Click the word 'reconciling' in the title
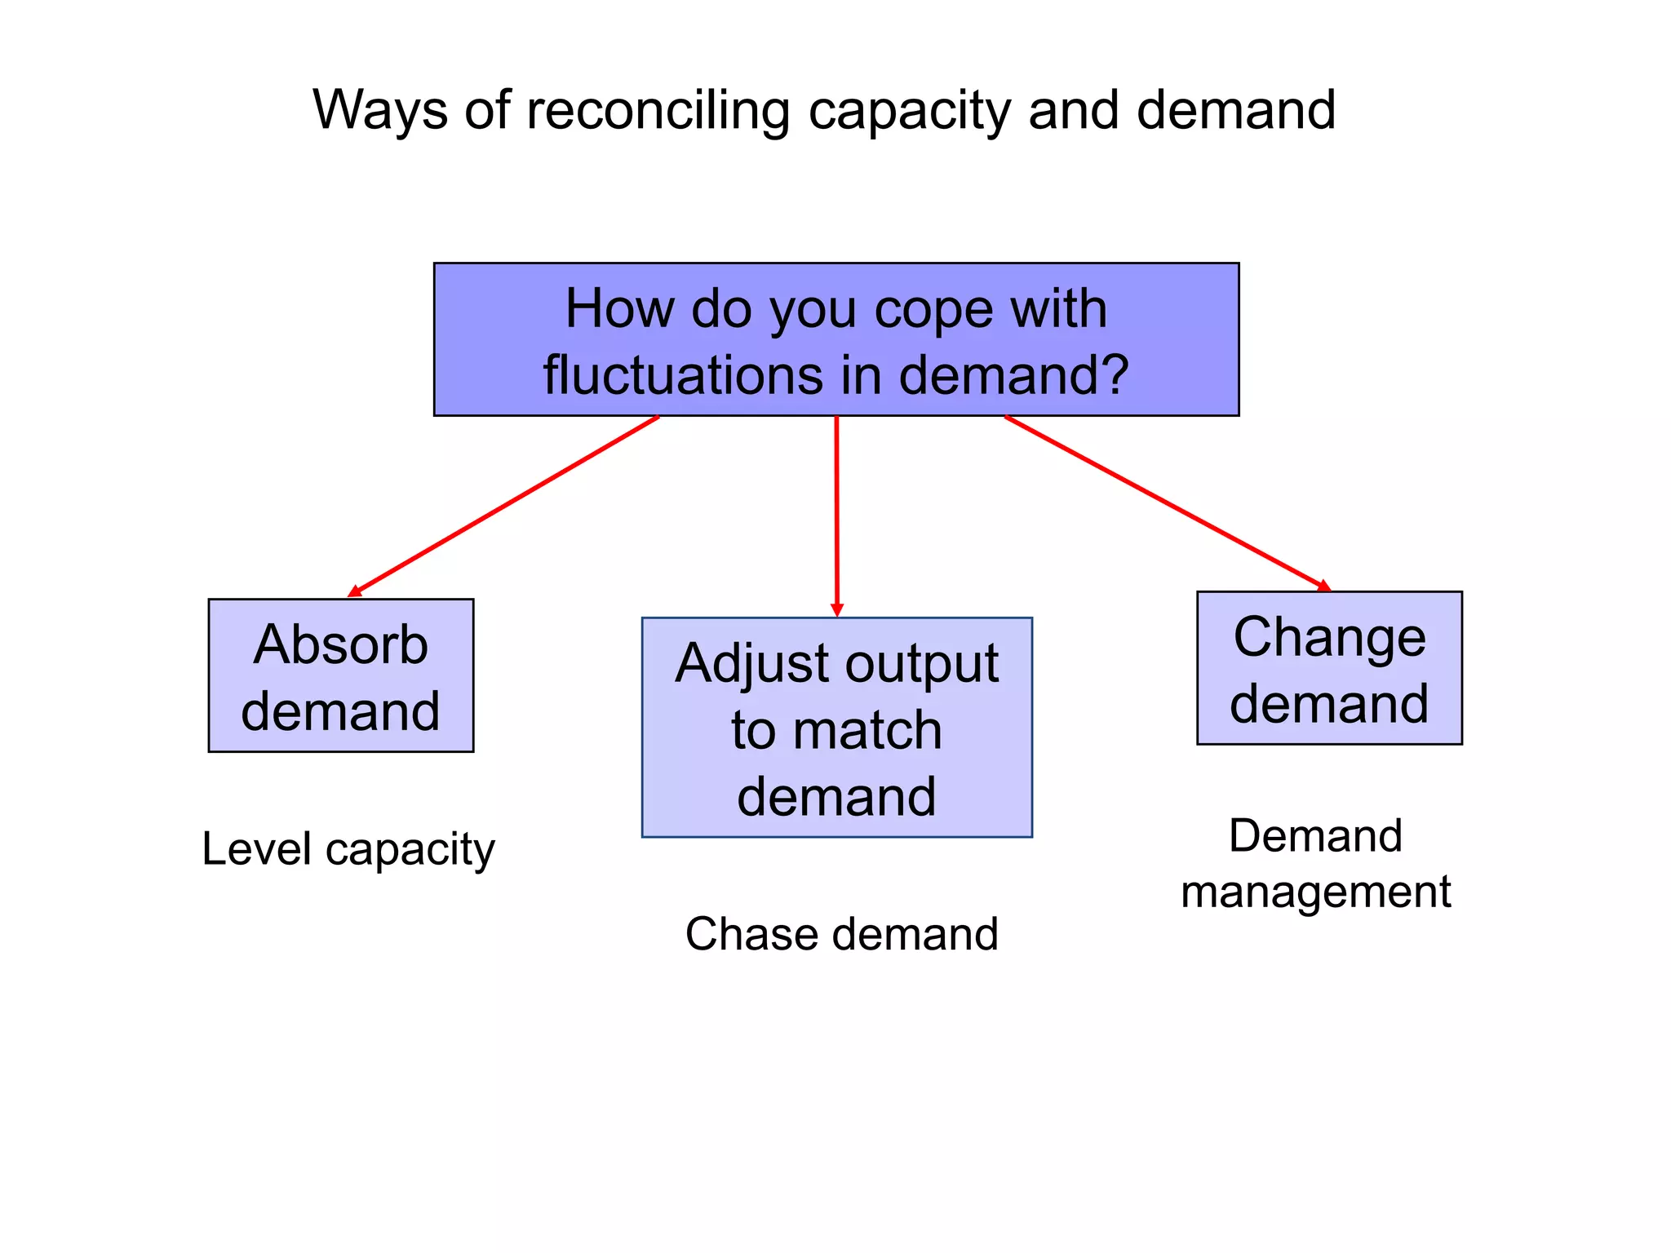tap(658, 110)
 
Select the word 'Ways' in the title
tap(379, 110)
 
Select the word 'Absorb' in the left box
tap(340, 644)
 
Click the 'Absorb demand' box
tap(340, 675)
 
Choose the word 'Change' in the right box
tap(1329, 637)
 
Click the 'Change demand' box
tap(1329, 667)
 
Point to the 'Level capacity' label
tap(348, 850)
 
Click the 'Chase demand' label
tap(841, 934)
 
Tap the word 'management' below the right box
tap(1315, 892)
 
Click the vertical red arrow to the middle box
tap(836, 514)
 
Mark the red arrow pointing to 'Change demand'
tap(1167, 503)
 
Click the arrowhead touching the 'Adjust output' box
tap(836, 610)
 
